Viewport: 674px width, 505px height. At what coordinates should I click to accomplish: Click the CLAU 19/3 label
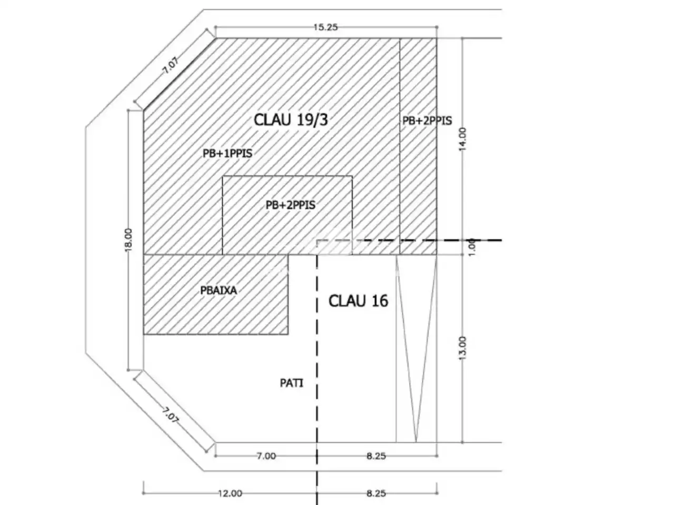[x=291, y=119]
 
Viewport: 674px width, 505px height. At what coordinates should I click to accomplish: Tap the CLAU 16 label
[x=359, y=301]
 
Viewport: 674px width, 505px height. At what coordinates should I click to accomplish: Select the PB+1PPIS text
[x=227, y=153]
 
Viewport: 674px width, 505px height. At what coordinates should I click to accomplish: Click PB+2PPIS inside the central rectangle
[x=291, y=205]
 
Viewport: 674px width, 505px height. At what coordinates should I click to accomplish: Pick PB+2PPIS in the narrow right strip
[x=427, y=121]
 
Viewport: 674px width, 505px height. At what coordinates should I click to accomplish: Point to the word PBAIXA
[x=219, y=290]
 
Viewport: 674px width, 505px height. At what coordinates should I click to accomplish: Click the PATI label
[x=291, y=383]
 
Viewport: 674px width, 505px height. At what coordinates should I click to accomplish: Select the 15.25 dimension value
[x=325, y=27]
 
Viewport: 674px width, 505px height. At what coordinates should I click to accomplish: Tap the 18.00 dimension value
[x=128, y=240]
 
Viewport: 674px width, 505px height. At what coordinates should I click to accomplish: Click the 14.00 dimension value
[x=463, y=139]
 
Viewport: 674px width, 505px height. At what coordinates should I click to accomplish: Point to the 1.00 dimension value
[x=472, y=247]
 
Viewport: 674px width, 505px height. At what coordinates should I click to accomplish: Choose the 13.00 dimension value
[x=463, y=348]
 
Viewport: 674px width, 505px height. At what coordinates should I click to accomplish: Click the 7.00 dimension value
[x=266, y=456]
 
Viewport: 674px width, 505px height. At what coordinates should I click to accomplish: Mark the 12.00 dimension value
[x=230, y=493]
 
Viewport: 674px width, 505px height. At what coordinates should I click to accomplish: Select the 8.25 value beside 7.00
[x=376, y=456]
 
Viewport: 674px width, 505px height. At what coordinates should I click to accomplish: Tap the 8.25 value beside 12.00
[x=376, y=493]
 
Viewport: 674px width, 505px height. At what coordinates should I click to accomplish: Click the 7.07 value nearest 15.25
[x=171, y=66]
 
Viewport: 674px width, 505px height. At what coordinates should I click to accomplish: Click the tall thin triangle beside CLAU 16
[x=416, y=348]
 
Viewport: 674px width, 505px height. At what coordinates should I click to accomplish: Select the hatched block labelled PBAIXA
[x=215, y=295]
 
